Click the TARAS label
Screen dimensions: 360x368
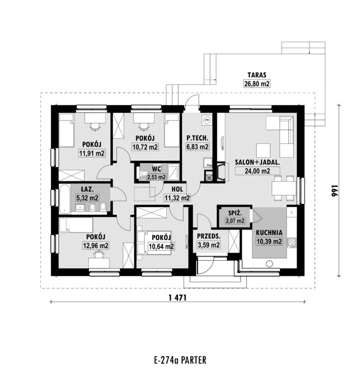coord(257,75)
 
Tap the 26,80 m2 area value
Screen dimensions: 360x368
coord(257,84)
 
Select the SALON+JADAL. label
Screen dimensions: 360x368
coord(257,162)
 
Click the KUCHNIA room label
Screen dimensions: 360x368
coord(269,233)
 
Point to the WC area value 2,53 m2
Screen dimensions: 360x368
coord(156,177)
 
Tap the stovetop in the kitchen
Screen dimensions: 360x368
coord(292,243)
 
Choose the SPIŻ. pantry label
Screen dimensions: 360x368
coord(235,213)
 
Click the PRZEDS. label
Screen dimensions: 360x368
coord(209,236)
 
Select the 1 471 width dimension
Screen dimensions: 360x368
coord(178,298)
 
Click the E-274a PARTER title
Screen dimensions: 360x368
coord(180,360)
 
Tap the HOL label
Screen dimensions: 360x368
coord(177,189)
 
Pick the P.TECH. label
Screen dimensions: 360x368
coord(197,138)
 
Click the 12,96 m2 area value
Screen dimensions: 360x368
coord(96,246)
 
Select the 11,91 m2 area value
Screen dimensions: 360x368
coord(92,154)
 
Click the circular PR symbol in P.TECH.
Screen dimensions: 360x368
coord(207,120)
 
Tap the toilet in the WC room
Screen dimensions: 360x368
coord(144,174)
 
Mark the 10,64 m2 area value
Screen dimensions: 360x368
coord(161,246)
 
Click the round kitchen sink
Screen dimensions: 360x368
coord(269,263)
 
